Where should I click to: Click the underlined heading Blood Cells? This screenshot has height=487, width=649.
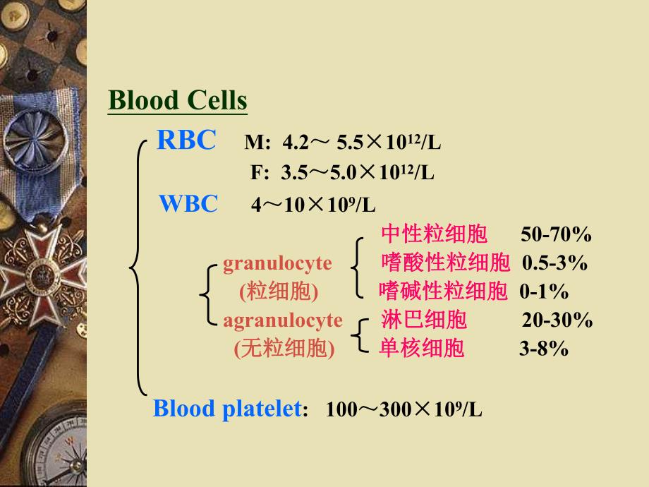(x=178, y=101)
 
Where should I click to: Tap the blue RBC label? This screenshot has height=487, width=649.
(x=186, y=140)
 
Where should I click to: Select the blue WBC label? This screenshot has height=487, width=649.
(x=188, y=204)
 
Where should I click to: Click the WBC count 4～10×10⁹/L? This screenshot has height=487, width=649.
(x=313, y=206)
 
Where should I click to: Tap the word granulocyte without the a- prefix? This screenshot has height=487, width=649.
(x=277, y=263)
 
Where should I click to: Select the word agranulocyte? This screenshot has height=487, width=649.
(x=283, y=320)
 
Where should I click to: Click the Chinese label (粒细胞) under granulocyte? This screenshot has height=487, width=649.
(x=279, y=291)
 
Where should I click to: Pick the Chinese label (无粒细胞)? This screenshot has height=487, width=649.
(x=284, y=349)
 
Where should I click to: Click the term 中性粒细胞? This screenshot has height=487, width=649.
(x=434, y=234)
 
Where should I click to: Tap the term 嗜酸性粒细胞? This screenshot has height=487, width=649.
(x=445, y=263)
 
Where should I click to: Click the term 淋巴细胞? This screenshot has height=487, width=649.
(x=423, y=320)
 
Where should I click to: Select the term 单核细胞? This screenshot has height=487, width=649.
(x=422, y=348)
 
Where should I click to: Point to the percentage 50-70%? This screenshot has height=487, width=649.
(x=556, y=235)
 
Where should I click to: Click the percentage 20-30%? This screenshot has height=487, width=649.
(x=557, y=320)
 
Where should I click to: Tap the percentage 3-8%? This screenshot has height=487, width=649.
(x=544, y=349)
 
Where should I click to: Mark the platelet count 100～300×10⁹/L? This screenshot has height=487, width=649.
(x=404, y=411)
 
